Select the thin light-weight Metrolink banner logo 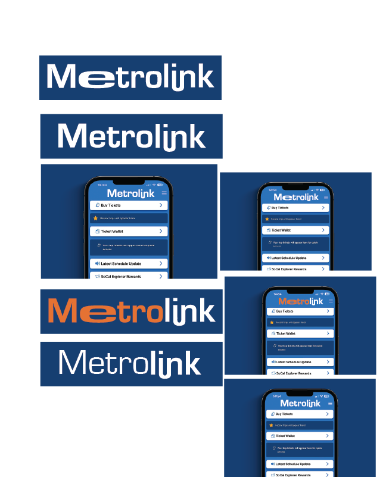point(130,364)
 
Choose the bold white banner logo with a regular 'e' point(131,136)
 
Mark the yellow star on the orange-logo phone point(272,322)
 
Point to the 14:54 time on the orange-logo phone point(277,294)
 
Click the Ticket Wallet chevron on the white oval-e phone point(323,230)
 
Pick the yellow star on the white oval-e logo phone point(267,219)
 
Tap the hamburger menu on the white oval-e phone point(325,196)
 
